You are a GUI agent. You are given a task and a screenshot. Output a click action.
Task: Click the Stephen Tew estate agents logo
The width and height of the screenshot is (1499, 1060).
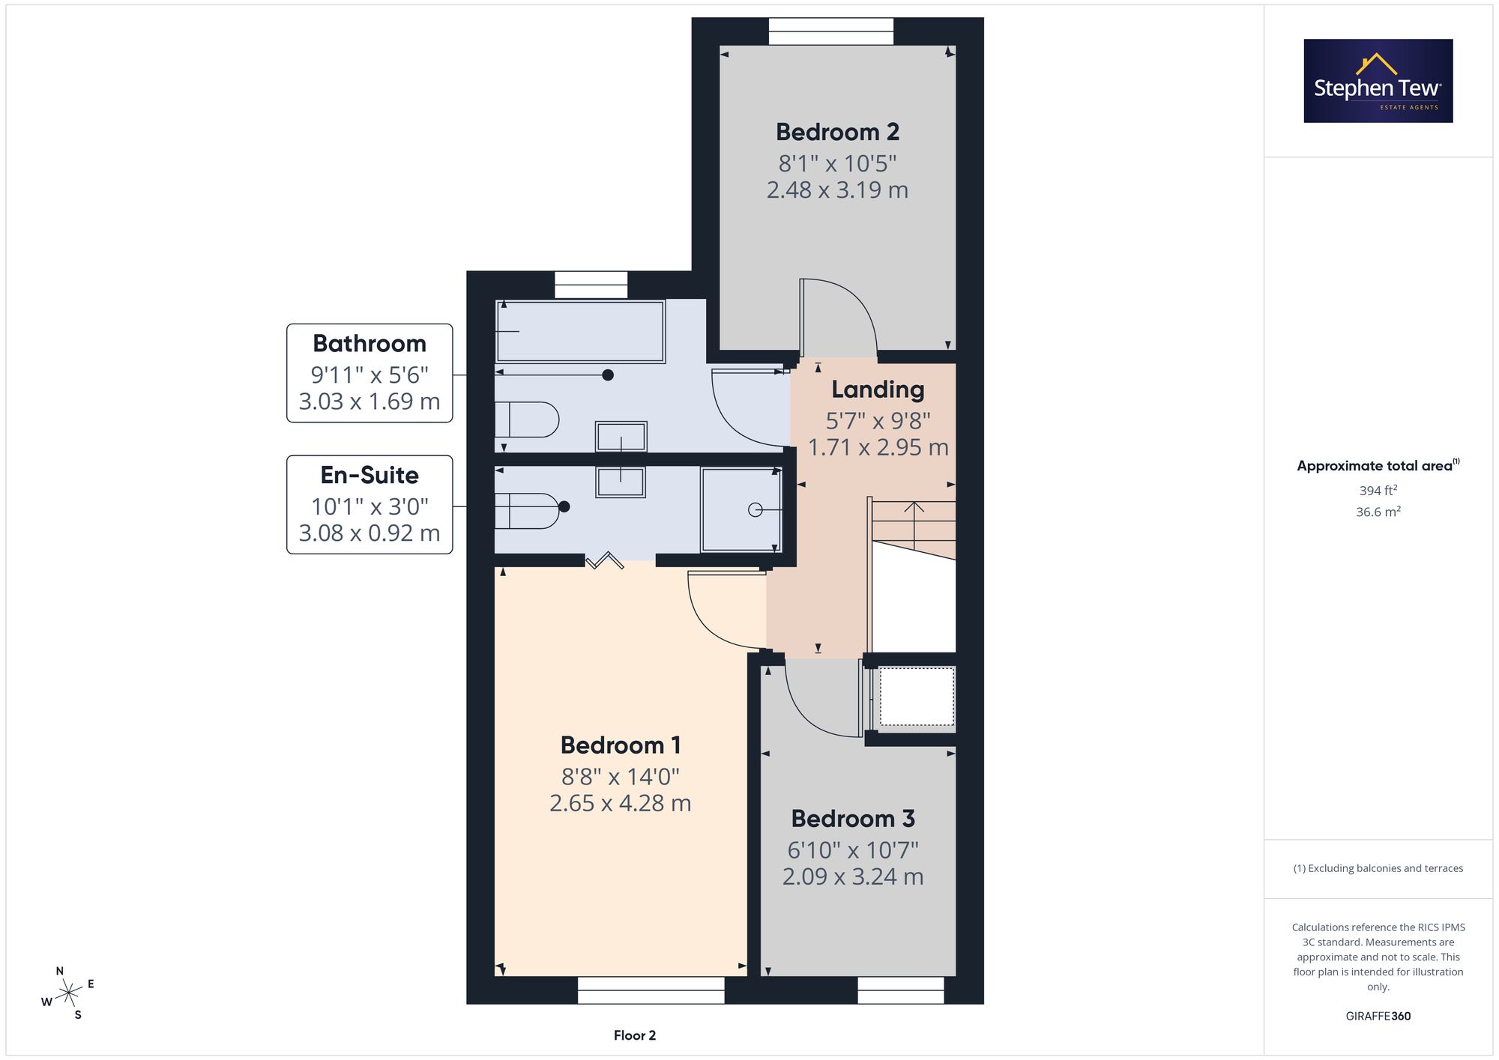1378,81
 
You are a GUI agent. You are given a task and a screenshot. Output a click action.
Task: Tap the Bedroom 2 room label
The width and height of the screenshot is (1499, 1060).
837,132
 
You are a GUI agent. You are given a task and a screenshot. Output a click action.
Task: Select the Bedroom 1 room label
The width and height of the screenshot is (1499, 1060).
621,745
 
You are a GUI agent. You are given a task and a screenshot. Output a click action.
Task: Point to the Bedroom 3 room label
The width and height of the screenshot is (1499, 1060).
853,819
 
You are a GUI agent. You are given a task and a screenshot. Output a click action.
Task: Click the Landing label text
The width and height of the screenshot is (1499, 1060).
878,390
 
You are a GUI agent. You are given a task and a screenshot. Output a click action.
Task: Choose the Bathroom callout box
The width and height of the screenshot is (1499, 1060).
370,373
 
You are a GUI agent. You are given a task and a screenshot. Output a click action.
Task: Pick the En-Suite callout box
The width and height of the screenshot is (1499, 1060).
370,505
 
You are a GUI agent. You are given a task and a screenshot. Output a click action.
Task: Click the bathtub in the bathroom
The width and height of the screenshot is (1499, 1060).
580,331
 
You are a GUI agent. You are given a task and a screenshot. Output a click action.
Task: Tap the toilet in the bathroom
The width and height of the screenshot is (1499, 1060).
527,420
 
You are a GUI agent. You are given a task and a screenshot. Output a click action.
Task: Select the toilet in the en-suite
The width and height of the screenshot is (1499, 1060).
527,511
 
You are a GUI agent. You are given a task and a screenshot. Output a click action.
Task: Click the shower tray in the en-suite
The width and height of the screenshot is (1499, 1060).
741,510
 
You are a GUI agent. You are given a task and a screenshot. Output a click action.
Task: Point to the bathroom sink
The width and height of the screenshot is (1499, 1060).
621,437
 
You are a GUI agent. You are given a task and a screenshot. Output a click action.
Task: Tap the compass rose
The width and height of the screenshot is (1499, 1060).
68,993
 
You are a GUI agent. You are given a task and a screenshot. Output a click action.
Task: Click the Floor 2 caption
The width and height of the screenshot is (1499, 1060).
635,1035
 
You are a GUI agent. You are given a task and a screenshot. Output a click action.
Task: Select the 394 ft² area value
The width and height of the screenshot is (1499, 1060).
1378,491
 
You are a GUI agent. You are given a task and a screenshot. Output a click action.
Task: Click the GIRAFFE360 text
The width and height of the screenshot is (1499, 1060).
1378,1017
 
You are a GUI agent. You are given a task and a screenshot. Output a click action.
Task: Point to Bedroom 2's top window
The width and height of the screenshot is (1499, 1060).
831,31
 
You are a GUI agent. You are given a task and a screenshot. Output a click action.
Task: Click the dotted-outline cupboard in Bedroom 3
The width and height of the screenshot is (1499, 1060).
917,697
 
